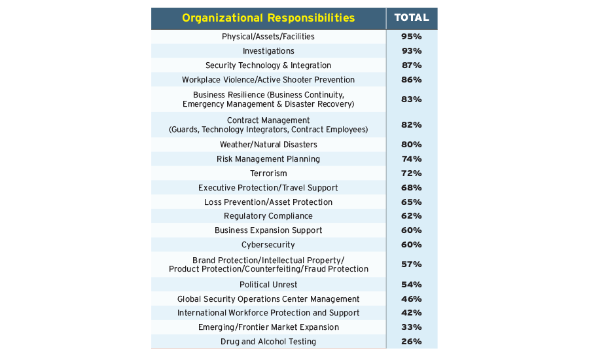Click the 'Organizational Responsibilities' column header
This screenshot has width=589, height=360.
268,18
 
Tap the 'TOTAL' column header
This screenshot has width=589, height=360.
412,18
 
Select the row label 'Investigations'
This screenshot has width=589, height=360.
268,51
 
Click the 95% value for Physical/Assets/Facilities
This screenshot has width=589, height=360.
412,37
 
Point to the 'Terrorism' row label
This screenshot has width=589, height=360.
268,173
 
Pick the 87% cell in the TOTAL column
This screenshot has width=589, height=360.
412,65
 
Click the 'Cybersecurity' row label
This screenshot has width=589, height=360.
268,245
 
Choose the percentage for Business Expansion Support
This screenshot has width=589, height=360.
412,230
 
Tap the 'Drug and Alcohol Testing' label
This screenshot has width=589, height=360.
268,342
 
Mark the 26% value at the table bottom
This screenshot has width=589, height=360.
412,342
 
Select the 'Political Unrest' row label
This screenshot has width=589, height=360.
268,285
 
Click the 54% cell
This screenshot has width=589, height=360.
412,285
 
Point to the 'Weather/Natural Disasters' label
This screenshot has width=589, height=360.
268,145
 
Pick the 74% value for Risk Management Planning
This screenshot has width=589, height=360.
412,159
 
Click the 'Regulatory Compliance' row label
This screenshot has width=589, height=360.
268,216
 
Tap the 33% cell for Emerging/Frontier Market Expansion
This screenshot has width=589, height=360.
412,327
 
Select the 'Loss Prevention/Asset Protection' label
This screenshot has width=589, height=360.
268,202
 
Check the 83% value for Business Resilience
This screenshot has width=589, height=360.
412,99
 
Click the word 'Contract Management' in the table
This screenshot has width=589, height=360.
268,120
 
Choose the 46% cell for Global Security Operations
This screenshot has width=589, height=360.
412,299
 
